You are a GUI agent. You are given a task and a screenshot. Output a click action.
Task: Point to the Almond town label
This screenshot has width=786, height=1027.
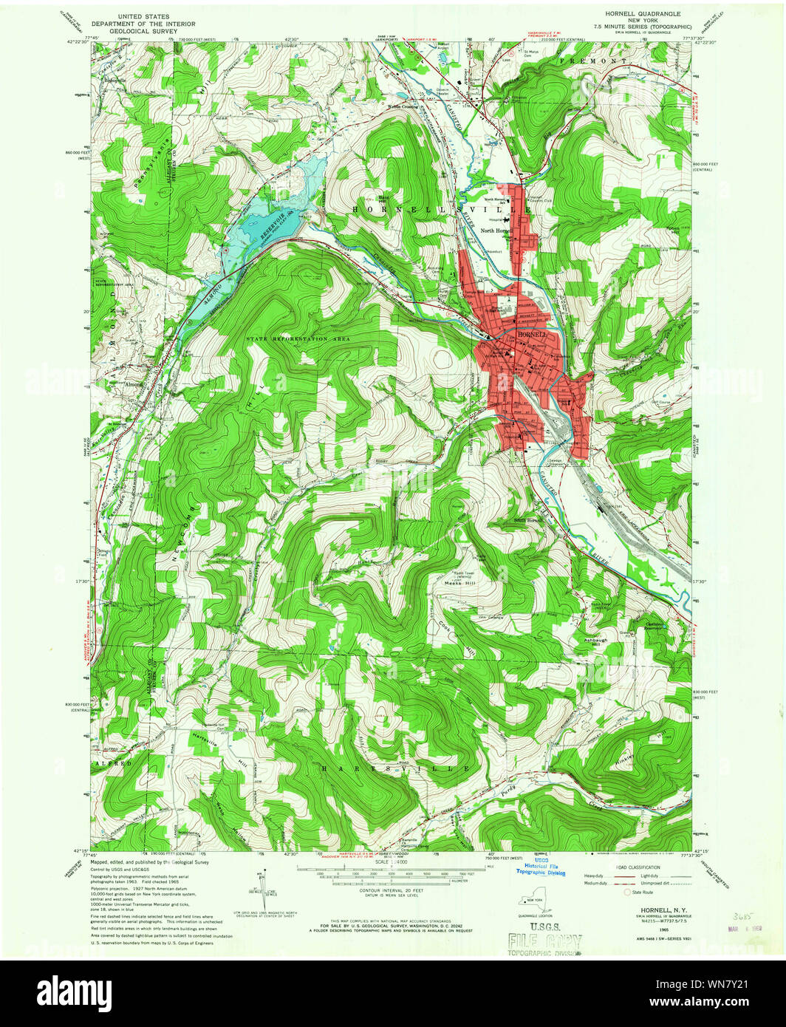pyautogui.click(x=134, y=384)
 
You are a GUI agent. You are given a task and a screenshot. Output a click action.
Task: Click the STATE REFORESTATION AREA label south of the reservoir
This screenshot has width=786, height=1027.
pyautogui.click(x=298, y=338)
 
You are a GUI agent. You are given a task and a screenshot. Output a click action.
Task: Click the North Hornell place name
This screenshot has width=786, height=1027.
pyautogui.click(x=495, y=231)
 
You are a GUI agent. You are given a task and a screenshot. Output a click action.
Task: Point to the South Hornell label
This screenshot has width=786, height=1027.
pyautogui.click(x=530, y=520)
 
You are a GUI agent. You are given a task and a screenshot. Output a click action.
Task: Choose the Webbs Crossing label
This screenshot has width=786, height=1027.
pyautogui.click(x=403, y=106)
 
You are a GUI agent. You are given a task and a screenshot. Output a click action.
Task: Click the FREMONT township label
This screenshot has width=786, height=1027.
pyautogui.click(x=603, y=59)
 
